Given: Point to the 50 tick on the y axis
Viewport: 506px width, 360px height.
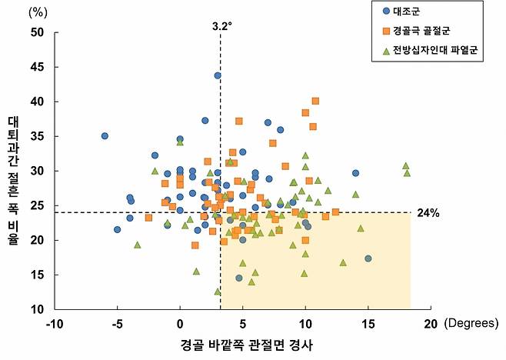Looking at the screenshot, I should [36, 32].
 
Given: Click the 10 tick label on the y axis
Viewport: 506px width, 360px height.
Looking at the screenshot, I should [36, 309].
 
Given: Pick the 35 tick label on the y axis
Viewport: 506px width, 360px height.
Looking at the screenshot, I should [36, 136].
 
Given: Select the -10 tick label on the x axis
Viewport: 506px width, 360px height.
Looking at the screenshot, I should [54, 325].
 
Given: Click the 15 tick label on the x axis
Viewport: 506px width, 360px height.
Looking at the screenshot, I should [368, 325].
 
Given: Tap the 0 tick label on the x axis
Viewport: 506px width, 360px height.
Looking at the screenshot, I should [180, 325].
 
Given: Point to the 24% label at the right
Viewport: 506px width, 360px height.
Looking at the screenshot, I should [428, 212].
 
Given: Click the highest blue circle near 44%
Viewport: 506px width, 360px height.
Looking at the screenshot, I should [218, 75].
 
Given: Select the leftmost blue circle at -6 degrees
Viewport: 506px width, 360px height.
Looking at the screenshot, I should [105, 136].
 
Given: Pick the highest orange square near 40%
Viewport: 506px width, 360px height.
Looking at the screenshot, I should [315, 101].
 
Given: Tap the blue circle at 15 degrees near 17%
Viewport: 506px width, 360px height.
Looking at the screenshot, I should [368, 258].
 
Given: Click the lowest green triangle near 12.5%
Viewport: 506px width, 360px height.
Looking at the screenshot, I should [218, 292].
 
